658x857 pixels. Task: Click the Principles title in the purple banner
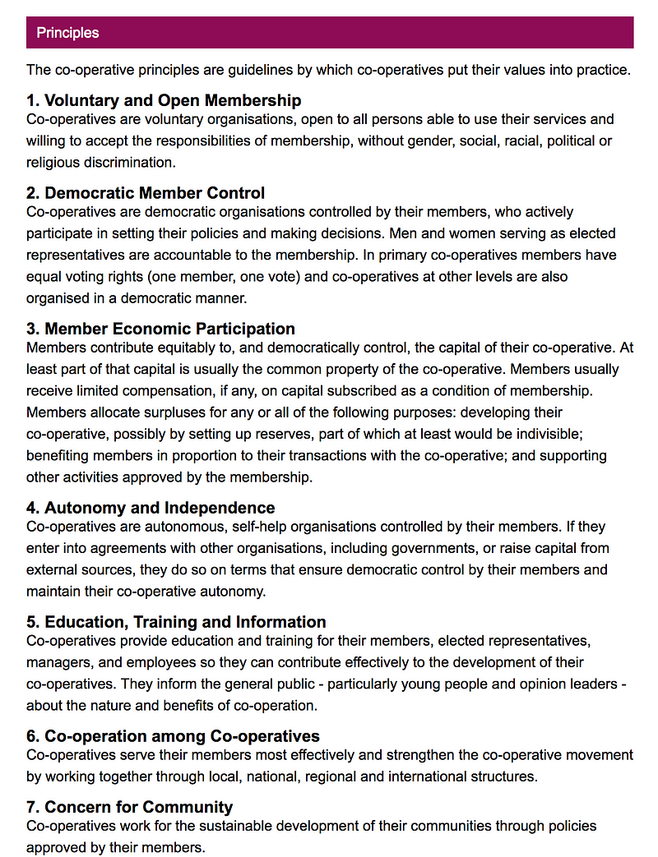coord(67,33)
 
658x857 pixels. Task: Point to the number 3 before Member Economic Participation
coord(32,329)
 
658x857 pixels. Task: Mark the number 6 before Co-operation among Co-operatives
coord(32,736)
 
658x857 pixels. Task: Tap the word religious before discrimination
coord(54,161)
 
